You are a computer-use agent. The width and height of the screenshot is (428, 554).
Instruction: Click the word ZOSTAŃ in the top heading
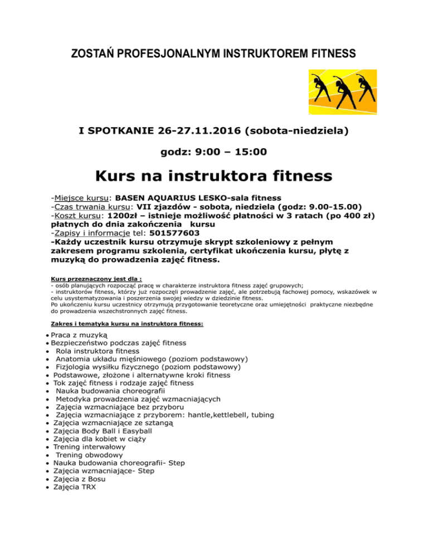tap(90, 54)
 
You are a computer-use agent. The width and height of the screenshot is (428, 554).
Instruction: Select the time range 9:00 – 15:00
tap(213, 152)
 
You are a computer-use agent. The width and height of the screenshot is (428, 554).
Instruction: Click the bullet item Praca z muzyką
tap(75, 335)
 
